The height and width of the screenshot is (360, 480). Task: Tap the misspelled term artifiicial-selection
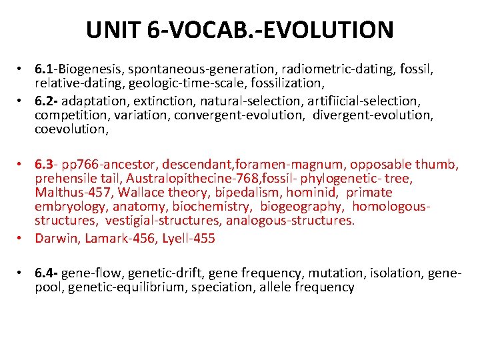361,101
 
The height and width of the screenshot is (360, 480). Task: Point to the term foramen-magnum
315,165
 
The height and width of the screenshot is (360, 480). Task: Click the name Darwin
57,238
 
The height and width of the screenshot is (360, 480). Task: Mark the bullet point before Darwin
22,238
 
